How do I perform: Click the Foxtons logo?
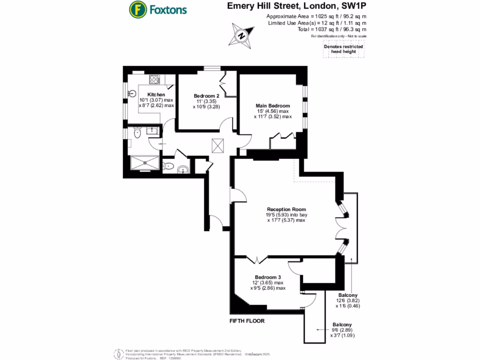pos(158,9)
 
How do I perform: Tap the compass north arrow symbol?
pos(241,36)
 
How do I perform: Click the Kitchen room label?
pos(156,95)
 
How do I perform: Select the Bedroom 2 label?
pos(207,96)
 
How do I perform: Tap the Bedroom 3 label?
pos(268,277)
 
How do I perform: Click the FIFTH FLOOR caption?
pos(247,322)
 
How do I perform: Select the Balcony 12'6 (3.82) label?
pos(347,295)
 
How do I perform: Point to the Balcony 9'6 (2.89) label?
pos(343,325)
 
